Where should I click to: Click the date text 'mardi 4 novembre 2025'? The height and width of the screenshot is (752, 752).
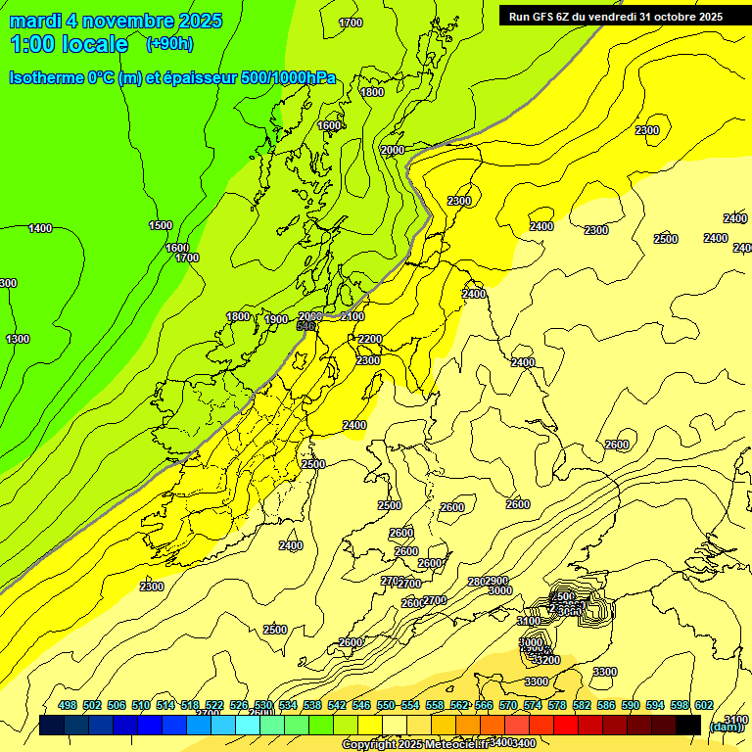point(117,21)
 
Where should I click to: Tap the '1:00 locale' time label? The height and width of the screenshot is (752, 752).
point(69,44)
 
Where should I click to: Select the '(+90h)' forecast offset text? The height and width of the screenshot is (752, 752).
point(169,44)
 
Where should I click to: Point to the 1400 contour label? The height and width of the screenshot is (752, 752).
point(40,228)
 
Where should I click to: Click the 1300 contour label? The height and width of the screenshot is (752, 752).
point(18,339)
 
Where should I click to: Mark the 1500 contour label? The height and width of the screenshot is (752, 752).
point(161,225)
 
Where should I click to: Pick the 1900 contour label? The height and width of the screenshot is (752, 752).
point(276,319)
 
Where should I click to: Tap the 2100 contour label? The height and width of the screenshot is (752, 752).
point(352,316)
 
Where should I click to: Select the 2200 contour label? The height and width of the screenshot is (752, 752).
point(370,339)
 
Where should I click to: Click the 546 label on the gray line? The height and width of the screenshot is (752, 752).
point(306,325)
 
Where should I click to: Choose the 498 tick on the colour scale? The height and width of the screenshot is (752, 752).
point(68,706)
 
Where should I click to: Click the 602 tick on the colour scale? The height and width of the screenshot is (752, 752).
point(704,706)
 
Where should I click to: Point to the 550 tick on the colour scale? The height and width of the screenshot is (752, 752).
point(386,706)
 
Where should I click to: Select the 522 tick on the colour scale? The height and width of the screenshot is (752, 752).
point(214,706)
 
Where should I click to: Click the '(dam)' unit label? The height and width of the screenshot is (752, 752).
point(725,726)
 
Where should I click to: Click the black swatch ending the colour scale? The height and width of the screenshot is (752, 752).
point(688,726)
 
